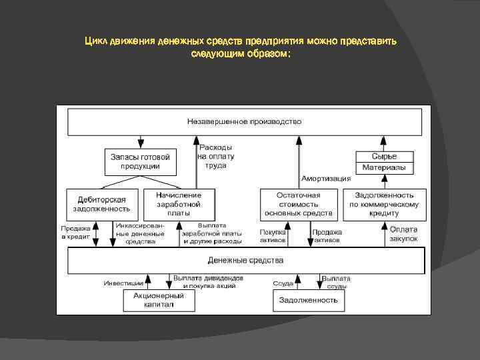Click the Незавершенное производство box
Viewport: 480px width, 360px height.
pyautogui.click(x=244, y=122)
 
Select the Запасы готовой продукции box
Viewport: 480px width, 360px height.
pyautogui.click(x=140, y=161)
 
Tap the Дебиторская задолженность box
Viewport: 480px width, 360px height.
pyautogui.click(x=102, y=203)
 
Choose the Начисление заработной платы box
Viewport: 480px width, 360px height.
pyautogui.click(x=178, y=203)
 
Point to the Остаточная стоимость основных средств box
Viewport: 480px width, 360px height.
pyautogui.click(x=298, y=203)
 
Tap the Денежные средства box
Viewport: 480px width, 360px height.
pyautogui.click(x=245, y=260)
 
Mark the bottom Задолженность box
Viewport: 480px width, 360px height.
pyautogui.click(x=307, y=300)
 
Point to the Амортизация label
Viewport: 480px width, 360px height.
pyautogui.click(x=326, y=179)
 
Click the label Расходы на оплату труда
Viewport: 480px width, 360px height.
pyautogui.click(x=216, y=156)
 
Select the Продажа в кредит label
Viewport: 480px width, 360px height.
pyautogui.click(x=77, y=232)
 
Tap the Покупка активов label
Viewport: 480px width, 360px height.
pyautogui.click(x=273, y=236)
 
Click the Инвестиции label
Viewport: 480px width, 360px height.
pyautogui.click(x=123, y=283)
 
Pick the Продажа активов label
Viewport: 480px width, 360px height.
pyautogui.click(x=327, y=236)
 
